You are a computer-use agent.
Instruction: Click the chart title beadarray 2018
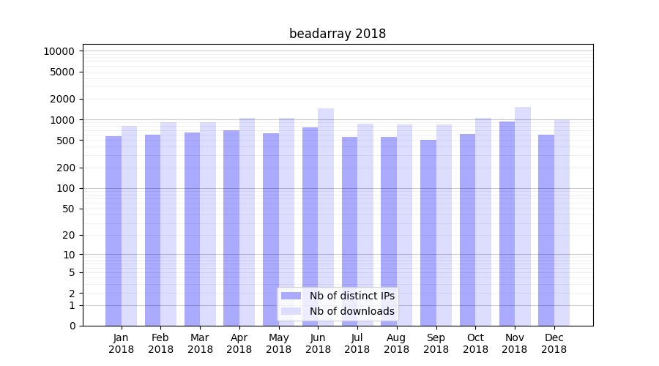click(x=337, y=34)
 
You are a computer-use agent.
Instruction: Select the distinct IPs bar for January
click(x=113, y=231)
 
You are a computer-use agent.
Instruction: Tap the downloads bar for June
click(x=326, y=217)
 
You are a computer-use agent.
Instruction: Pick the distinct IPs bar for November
click(x=507, y=223)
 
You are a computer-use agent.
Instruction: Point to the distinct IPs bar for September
click(x=428, y=233)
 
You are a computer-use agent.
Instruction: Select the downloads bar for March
click(x=208, y=224)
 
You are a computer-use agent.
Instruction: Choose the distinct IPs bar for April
click(x=231, y=228)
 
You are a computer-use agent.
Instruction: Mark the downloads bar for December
click(x=562, y=223)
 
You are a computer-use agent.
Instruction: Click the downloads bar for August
click(x=405, y=225)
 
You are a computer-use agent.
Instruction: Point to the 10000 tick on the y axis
click(x=59, y=51)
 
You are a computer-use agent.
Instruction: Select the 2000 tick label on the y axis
click(x=62, y=99)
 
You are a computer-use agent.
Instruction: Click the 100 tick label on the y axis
click(x=64, y=188)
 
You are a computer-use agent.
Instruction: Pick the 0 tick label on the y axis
click(x=72, y=326)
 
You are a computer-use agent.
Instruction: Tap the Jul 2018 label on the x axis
click(x=357, y=343)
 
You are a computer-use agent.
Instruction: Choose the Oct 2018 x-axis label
click(x=475, y=343)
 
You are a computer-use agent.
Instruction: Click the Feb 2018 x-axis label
click(x=160, y=343)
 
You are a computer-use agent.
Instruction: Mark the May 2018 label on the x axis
click(x=278, y=343)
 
